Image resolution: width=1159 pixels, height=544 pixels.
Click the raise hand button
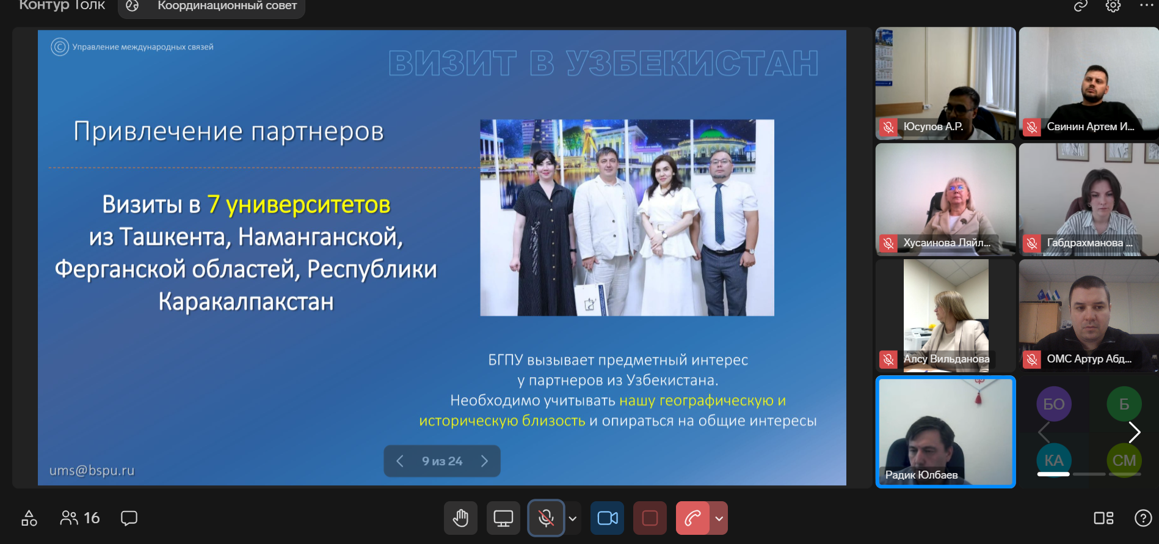[460, 518]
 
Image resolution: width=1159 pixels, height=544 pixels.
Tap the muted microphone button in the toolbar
[546, 518]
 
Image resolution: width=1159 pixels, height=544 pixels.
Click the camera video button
[607, 518]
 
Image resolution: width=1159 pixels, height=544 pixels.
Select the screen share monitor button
[503, 518]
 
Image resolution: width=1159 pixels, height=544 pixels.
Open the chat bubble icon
[129, 518]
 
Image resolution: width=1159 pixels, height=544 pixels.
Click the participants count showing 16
[80, 518]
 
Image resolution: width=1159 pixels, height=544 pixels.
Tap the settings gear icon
[1113, 6]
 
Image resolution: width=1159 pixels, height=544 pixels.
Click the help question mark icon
[1143, 518]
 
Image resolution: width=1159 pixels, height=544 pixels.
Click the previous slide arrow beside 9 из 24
[400, 461]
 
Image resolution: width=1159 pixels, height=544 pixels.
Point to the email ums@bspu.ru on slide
[92, 470]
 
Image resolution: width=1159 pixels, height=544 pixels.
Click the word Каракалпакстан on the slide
[246, 301]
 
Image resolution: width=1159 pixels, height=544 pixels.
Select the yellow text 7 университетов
[299, 204]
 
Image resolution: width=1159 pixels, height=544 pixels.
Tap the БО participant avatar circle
[1054, 404]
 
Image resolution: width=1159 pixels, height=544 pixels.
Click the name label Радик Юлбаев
[921, 475]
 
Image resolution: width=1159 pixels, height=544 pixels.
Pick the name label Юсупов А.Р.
[933, 127]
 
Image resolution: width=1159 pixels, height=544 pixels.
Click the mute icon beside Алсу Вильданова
[888, 359]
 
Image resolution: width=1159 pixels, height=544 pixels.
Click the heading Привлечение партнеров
[228, 131]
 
